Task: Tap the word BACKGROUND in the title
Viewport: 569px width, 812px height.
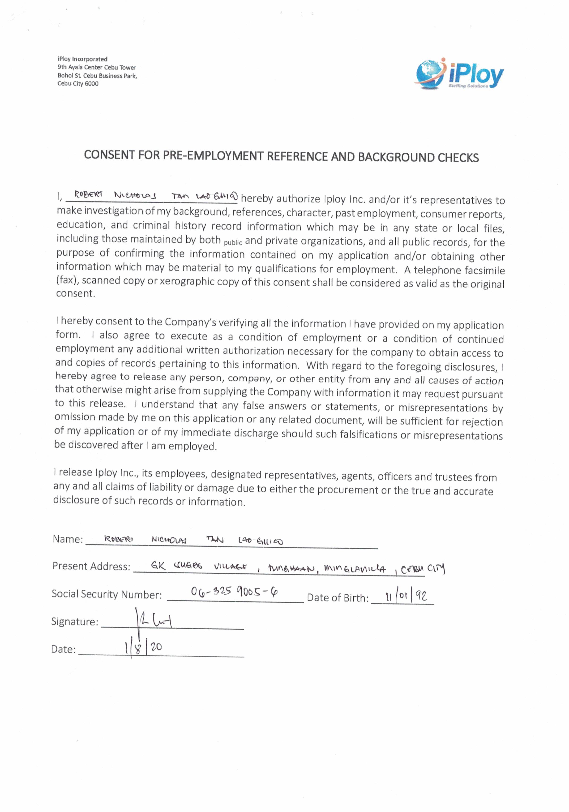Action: click(x=396, y=157)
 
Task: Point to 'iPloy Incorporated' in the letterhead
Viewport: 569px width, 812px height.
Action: click(x=82, y=59)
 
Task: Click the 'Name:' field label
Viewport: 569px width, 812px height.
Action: click(x=68, y=539)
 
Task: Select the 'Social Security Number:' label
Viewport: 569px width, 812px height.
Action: click(x=107, y=594)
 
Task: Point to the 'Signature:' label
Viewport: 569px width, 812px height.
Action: click(x=75, y=622)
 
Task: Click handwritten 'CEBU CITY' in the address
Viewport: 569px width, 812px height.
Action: click(x=423, y=569)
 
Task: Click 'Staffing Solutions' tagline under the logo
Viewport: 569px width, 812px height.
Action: click(x=468, y=86)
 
